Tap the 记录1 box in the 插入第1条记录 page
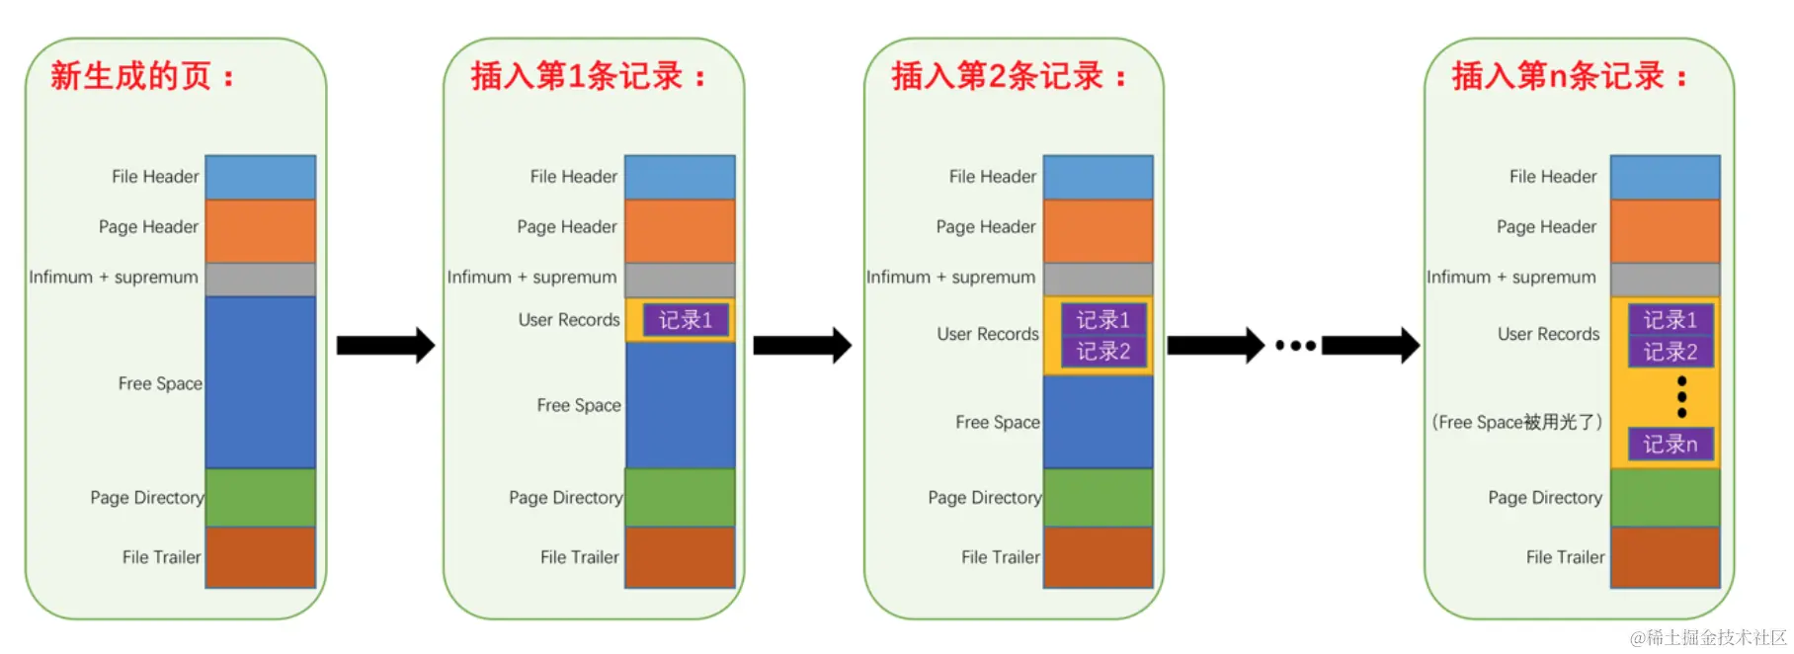click(x=686, y=320)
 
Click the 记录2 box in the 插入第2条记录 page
click(x=1102, y=352)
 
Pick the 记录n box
click(x=1670, y=445)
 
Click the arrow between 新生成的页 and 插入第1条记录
click(x=385, y=345)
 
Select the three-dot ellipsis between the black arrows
click(x=1295, y=346)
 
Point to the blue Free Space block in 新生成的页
click(x=260, y=381)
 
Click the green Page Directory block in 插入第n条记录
click(x=1665, y=497)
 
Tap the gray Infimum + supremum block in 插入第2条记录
click(x=1098, y=279)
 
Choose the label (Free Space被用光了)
click(x=1516, y=422)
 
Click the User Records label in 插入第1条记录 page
click(x=569, y=320)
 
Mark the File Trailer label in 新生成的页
click(x=161, y=557)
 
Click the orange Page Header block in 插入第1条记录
click(x=680, y=230)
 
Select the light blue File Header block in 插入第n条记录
click(x=1665, y=177)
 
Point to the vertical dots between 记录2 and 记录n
click(x=1681, y=397)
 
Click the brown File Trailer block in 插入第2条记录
click(x=1098, y=557)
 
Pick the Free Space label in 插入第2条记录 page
click(x=997, y=423)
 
